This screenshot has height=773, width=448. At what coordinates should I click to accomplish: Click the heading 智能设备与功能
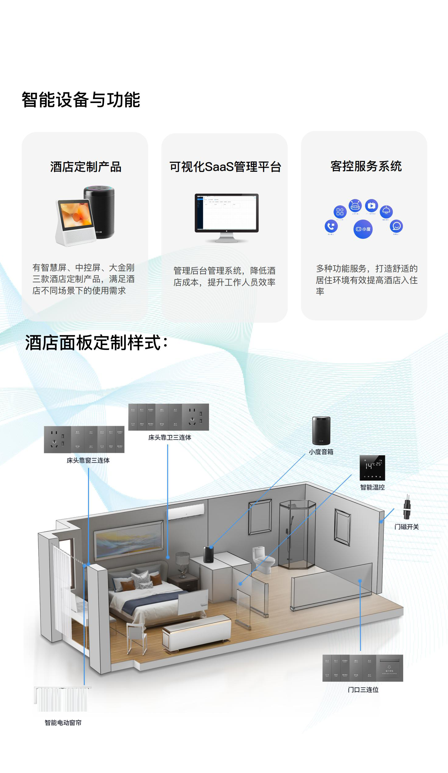tap(81, 100)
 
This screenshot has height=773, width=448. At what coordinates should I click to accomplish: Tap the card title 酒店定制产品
tap(86, 167)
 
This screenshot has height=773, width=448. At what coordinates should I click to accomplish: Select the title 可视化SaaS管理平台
tap(225, 167)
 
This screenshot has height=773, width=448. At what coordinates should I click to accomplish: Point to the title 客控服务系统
tap(366, 166)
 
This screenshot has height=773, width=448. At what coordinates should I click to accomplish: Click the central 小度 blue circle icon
tap(363, 229)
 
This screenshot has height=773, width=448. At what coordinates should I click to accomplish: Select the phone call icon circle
tap(331, 226)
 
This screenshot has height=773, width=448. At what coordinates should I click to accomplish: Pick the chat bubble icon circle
tap(396, 226)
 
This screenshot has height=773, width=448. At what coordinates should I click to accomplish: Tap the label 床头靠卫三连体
tap(169, 437)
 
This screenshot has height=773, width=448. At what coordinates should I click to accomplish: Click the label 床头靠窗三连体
tap(88, 460)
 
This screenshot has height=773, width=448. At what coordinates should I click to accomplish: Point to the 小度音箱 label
tap(321, 452)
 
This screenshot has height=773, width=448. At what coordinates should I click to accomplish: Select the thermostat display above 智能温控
tap(372, 468)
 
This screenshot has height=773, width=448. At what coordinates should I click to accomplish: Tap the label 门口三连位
tap(363, 690)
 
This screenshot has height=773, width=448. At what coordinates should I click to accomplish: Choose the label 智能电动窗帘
tap(63, 723)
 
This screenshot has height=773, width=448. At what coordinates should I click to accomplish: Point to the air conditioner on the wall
tap(185, 511)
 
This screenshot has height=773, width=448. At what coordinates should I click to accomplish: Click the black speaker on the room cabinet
tap(209, 554)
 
